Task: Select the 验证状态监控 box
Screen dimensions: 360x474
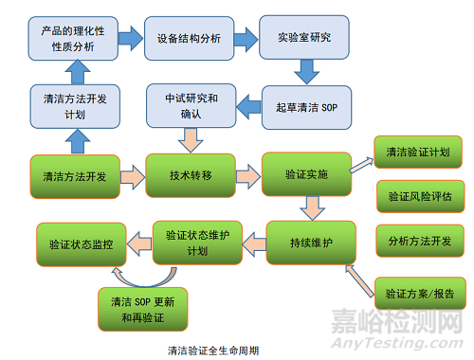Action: pyautogui.click(x=81, y=243)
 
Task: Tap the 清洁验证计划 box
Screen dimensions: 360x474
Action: pyautogui.click(x=418, y=152)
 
